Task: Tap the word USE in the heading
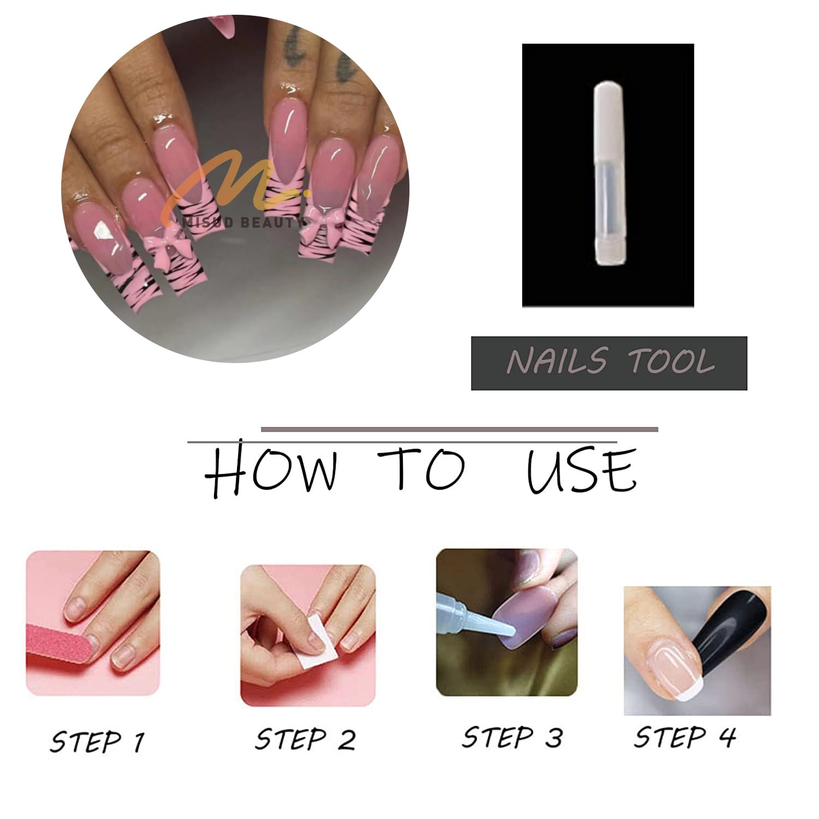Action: coord(581,471)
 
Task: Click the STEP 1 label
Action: coord(97,741)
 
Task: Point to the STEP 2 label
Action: coord(305,739)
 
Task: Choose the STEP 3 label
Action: coord(512,737)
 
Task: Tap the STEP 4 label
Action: coord(685,737)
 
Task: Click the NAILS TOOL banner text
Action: coord(610,361)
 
